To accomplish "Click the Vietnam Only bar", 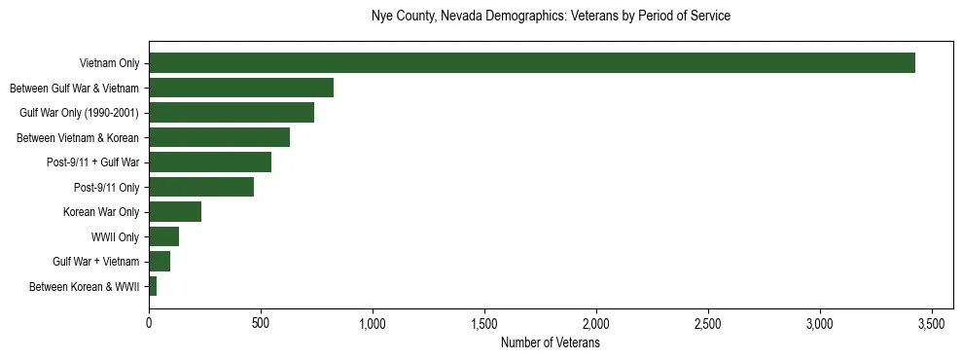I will [x=532, y=63].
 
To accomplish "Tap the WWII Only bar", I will [x=163, y=236].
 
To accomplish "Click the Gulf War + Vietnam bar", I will [x=160, y=262].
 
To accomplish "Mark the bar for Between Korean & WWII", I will [x=153, y=286].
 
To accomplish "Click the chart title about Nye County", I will [x=551, y=17].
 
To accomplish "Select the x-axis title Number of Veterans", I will [x=551, y=343].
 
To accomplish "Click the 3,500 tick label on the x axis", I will [x=932, y=322].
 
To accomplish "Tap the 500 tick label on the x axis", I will [x=261, y=322].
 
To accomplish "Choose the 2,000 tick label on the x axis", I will [x=596, y=322].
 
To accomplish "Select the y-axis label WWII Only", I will [x=115, y=237].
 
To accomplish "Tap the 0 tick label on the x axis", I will [x=149, y=322].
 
